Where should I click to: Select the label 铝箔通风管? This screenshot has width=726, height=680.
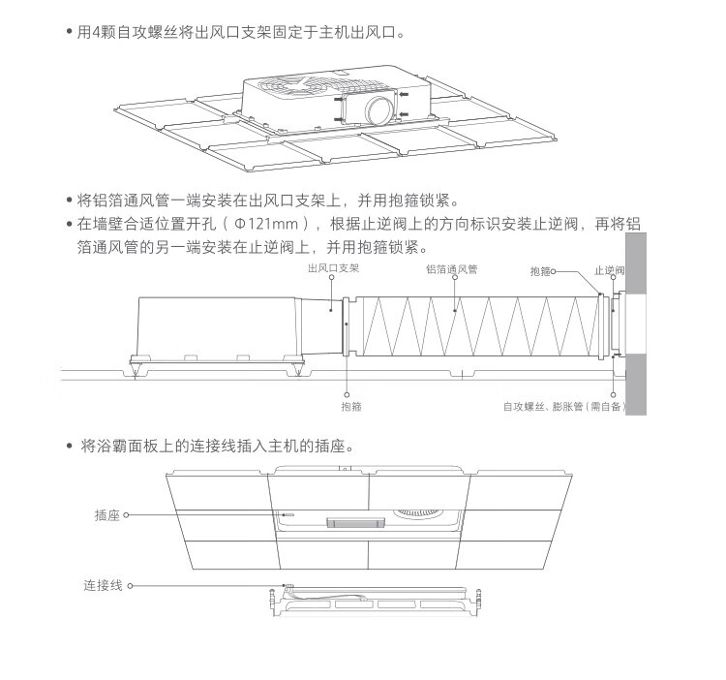coord(452,269)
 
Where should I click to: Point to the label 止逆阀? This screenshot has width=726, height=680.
coord(609,269)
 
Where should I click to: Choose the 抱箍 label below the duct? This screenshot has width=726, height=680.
coord(351,407)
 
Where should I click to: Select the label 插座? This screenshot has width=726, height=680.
coord(106,516)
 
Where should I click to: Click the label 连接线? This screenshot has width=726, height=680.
coord(102,585)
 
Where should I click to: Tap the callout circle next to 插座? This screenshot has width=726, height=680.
coord(126,516)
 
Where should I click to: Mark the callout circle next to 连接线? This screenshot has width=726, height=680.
coord(130,585)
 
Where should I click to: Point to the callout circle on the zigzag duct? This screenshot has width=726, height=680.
coord(456,311)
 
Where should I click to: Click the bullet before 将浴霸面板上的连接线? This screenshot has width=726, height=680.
coord(69,448)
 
